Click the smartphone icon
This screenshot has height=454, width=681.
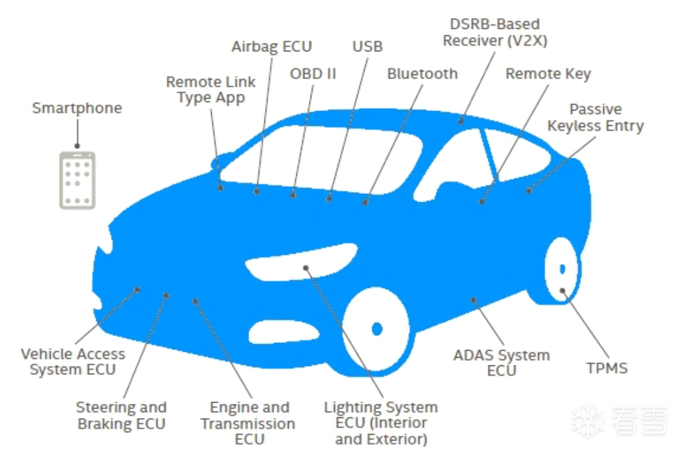pyautogui.click(x=77, y=180)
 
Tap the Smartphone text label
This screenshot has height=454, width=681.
pyautogui.click(x=77, y=107)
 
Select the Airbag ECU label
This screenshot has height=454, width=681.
pyautogui.click(x=272, y=46)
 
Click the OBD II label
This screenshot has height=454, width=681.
pyautogui.click(x=313, y=73)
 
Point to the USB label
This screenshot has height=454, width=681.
pyautogui.click(x=367, y=46)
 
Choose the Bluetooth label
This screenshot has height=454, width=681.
pyautogui.click(x=422, y=73)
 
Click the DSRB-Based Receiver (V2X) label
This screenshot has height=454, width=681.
pyautogui.click(x=495, y=33)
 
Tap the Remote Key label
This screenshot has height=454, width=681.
pyautogui.click(x=547, y=73)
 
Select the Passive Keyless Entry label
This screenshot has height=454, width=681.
pyautogui.click(x=595, y=117)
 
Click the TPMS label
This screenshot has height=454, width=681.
pyautogui.click(x=607, y=368)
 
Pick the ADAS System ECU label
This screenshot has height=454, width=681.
pyautogui.click(x=501, y=363)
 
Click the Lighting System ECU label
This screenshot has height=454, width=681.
pyautogui.click(x=381, y=423)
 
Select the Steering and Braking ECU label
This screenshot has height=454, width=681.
pyautogui.click(x=121, y=415)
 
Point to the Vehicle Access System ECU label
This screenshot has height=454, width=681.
pyautogui.click(x=73, y=362)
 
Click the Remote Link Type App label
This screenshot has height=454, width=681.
pyautogui.click(x=211, y=90)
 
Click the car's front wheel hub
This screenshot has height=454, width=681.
pyautogui.click(x=377, y=329)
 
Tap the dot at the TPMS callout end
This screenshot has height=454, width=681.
pyautogui.click(x=562, y=290)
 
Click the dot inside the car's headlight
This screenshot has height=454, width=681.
pyautogui.click(x=306, y=268)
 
